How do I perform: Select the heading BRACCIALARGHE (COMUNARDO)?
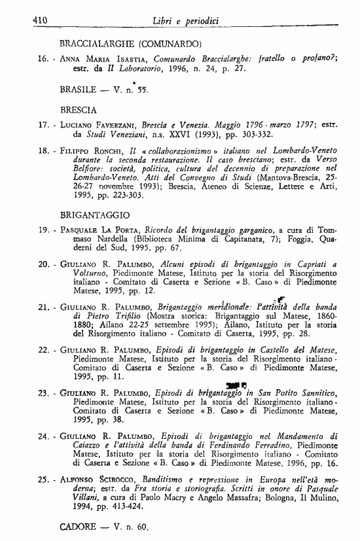click(x=129, y=44)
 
